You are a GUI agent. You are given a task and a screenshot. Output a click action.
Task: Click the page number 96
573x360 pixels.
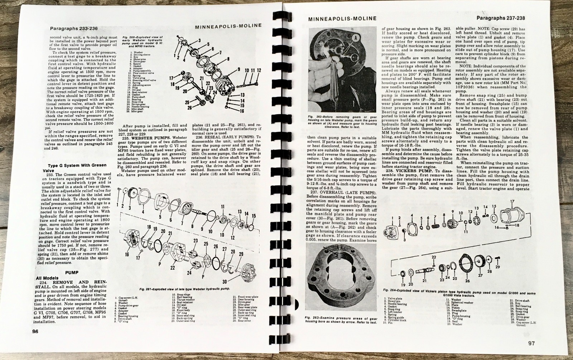click(x=35, y=331)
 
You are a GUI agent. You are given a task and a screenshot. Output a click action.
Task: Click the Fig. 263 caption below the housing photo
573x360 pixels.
click(x=341, y=320)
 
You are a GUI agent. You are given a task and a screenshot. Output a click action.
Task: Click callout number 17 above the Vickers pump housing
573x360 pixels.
click(x=512, y=201)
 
